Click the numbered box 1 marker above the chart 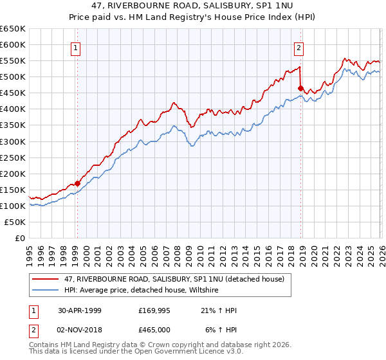pos(76,47)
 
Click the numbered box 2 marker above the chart pos(299,47)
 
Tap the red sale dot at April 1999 pos(78,183)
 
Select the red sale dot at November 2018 pos(300,88)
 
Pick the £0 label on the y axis pos(19,238)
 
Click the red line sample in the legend pos(46,278)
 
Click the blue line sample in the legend pos(46,290)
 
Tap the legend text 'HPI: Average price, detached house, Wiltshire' pos(142,290)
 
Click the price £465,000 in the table pos(154,328)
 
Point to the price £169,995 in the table pos(154,310)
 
